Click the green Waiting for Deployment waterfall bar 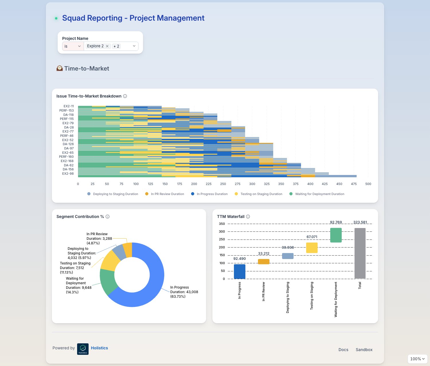(336, 235)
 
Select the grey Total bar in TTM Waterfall (360, 253)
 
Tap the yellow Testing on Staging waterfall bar (312, 248)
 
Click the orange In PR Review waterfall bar (263, 262)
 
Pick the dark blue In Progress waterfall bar (239, 271)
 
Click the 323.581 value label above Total (360, 222)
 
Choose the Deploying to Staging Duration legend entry (113, 194)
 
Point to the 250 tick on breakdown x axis (223, 184)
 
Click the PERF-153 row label (66, 110)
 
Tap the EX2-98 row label (68, 174)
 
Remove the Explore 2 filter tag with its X (107, 46)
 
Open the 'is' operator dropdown (73, 46)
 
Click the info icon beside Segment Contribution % (107, 217)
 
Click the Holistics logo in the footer (83, 349)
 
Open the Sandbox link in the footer (364, 350)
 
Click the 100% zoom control (417, 359)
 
